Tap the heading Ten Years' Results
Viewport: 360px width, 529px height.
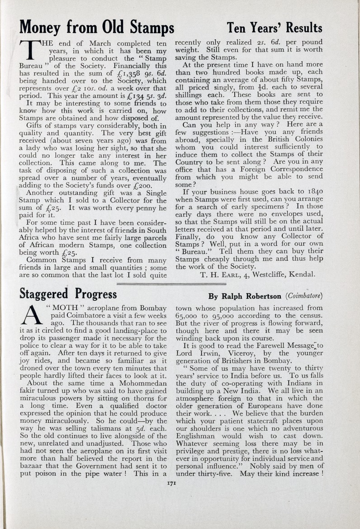tap(275, 28)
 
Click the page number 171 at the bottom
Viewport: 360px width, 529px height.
tap(171, 483)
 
